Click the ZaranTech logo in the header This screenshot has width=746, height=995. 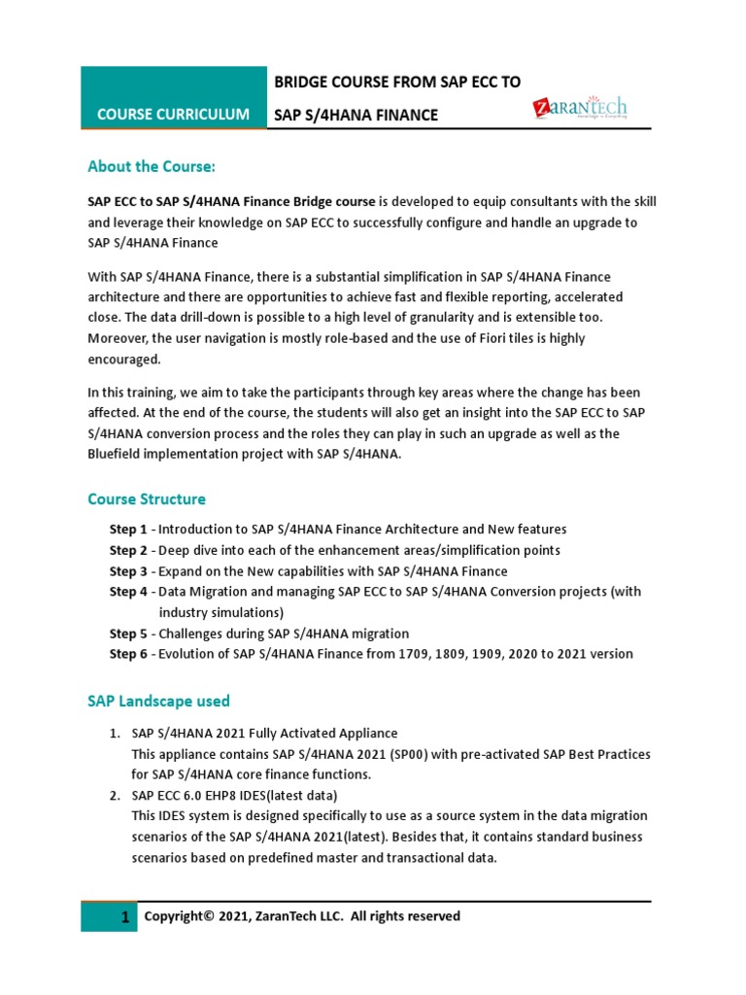(x=579, y=108)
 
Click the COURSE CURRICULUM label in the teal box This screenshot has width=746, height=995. (x=173, y=115)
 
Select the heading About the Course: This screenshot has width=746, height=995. (x=151, y=166)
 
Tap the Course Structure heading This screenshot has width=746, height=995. (x=147, y=499)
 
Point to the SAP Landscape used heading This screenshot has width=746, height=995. (x=158, y=701)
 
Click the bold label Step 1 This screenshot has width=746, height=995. (x=128, y=530)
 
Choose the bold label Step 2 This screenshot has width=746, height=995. (x=128, y=550)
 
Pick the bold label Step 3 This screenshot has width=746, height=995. (x=128, y=571)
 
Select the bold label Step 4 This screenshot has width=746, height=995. (x=128, y=592)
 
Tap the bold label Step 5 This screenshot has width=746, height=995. (x=128, y=634)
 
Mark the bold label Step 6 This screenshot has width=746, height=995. (x=128, y=654)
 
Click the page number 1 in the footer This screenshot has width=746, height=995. (x=124, y=918)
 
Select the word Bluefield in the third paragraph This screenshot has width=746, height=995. (x=117, y=454)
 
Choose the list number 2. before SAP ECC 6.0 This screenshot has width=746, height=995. (x=115, y=795)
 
